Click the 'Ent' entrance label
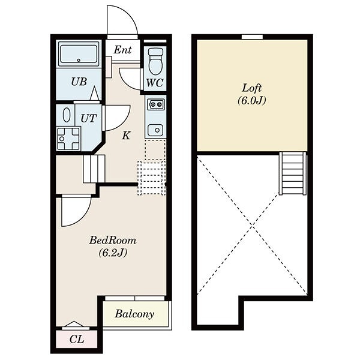tap(123, 50)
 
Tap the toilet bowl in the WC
tap(155, 61)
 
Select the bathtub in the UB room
tap(79, 54)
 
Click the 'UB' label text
tap(79, 82)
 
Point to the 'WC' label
tap(155, 83)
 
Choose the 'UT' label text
tap(88, 118)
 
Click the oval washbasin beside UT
tap(67, 115)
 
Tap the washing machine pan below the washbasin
tap(68, 139)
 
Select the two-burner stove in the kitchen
tap(157, 105)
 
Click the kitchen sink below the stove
tap(155, 130)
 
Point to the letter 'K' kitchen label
tap(126, 136)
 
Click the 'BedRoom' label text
tap(113, 241)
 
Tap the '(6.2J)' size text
tap(113, 253)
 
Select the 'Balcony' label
tap(134, 314)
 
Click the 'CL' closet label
tap(77, 340)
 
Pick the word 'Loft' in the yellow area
tap(252, 88)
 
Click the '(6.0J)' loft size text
tap(252, 100)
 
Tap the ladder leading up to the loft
tap(293, 173)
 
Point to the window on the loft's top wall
tap(252, 37)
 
